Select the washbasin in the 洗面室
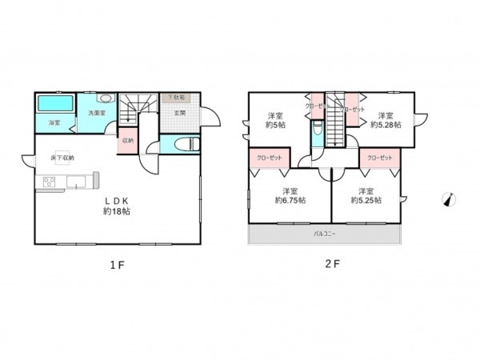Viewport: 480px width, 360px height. (107, 99)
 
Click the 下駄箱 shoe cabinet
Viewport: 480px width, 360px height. (176, 98)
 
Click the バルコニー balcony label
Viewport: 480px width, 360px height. (323, 234)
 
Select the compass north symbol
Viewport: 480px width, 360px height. (449, 200)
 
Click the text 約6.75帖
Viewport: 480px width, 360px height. (290, 200)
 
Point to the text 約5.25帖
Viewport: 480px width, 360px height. (366, 200)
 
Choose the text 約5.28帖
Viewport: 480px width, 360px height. (386, 125)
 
